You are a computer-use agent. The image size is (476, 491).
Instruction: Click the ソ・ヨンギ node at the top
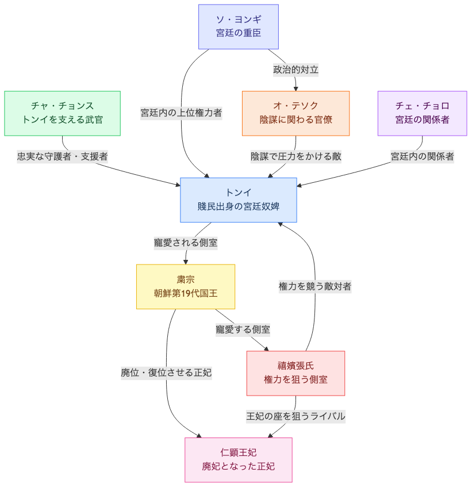[238, 26]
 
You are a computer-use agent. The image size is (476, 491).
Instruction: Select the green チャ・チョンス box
[62, 113]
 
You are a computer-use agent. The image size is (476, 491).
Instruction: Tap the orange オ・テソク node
[295, 113]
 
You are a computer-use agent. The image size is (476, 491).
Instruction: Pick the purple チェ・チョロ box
[422, 113]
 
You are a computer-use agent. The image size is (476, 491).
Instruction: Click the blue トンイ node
[238, 200]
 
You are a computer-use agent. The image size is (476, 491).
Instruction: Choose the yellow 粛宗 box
[185, 286]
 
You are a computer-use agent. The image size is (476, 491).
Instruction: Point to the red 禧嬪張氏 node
[295, 373]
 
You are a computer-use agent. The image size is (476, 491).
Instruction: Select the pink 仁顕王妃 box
[238, 459]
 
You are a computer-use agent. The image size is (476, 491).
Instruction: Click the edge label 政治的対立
[295, 70]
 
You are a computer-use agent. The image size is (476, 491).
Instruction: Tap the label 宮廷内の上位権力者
[181, 113]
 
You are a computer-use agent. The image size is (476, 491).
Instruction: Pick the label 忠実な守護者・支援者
[62, 156]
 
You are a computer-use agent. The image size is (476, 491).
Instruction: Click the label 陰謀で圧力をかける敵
[295, 156]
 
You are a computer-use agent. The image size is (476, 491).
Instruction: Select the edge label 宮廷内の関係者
[422, 156]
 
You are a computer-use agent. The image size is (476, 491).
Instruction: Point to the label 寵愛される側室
[185, 243]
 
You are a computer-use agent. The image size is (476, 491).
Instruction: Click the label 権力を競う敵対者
[315, 286]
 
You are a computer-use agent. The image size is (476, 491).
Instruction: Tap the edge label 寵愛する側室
[243, 329]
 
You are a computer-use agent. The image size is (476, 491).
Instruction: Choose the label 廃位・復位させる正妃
[166, 373]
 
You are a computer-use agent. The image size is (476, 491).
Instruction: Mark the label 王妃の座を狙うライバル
[295, 416]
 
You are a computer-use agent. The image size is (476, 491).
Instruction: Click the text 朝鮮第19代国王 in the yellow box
[185, 293]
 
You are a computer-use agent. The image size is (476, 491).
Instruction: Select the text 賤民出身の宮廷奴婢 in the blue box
[238, 206]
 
